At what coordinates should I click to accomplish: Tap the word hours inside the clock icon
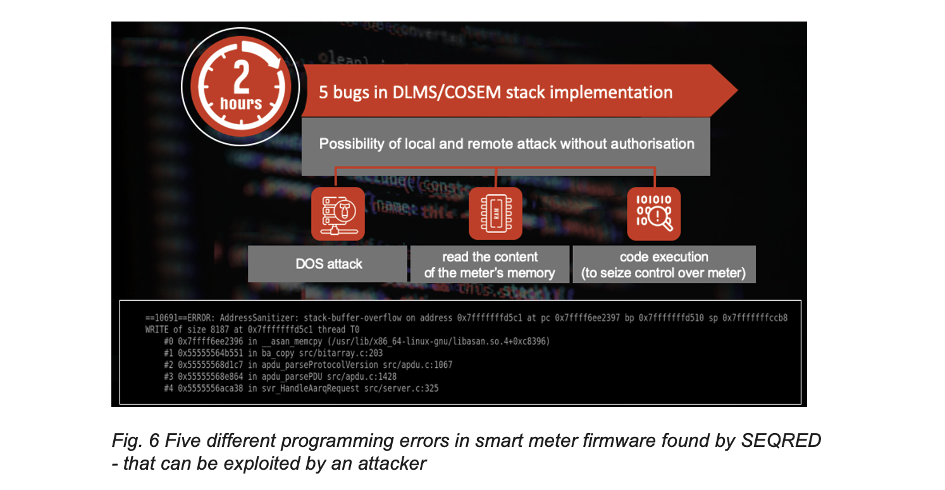pos(241,104)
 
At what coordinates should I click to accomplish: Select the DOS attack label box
pos(328,263)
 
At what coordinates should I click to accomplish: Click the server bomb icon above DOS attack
pos(338,213)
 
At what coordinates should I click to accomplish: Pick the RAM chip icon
pos(495,213)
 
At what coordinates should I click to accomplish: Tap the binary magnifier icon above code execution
pos(653,213)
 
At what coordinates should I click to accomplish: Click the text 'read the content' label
pos(490,257)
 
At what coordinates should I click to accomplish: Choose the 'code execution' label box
pos(664,264)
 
